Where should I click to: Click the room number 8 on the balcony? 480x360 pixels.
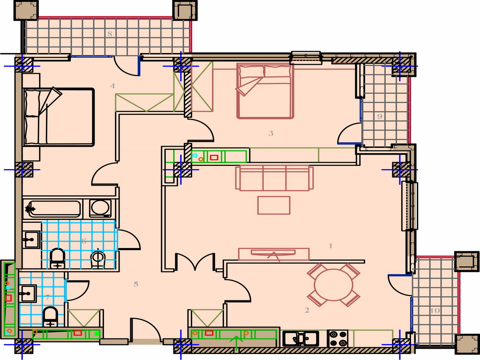[x=110, y=34]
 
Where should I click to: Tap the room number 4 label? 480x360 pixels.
[x=112, y=86]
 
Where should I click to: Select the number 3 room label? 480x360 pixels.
[x=271, y=133]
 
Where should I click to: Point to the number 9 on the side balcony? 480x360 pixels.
[x=380, y=116]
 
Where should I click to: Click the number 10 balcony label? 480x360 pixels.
[x=435, y=311]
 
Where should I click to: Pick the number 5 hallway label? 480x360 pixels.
[x=136, y=284]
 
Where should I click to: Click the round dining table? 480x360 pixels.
[x=334, y=285]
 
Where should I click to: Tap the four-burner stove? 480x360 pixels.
[x=337, y=338]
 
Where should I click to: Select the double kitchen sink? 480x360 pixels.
[x=300, y=338]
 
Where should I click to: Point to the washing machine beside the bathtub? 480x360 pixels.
[x=100, y=209]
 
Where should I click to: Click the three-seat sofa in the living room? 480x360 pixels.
[x=275, y=178]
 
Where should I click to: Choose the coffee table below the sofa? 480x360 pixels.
[x=274, y=205]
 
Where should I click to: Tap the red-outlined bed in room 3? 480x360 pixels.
[x=265, y=90]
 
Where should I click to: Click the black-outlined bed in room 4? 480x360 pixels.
[x=59, y=117]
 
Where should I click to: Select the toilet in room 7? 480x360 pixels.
[x=51, y=316]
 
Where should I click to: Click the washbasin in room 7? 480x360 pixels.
[x=28, y=293]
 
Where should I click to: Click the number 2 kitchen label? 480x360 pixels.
[x=307, y=310]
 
